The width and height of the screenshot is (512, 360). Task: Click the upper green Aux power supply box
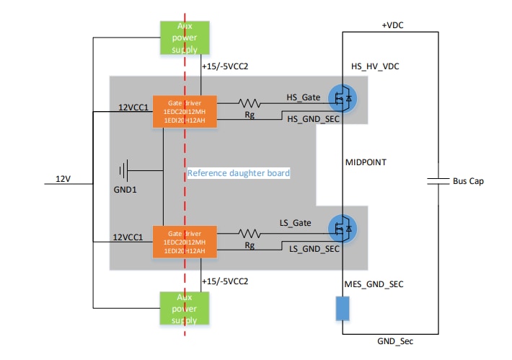(184, 37)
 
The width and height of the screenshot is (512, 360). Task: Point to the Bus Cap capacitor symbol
(438, 181)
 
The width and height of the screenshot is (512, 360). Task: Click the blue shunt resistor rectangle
(343, 308)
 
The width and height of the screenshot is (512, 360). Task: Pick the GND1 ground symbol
(124, 171)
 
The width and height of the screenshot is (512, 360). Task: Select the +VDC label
(392, 25)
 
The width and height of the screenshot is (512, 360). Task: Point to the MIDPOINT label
(367, 163)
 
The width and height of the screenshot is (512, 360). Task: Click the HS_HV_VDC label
(375, 66)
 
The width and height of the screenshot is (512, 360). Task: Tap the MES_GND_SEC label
(374, 284)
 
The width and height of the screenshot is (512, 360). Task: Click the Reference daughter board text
(239, 173)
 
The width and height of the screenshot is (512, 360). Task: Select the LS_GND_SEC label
(314, 249)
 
